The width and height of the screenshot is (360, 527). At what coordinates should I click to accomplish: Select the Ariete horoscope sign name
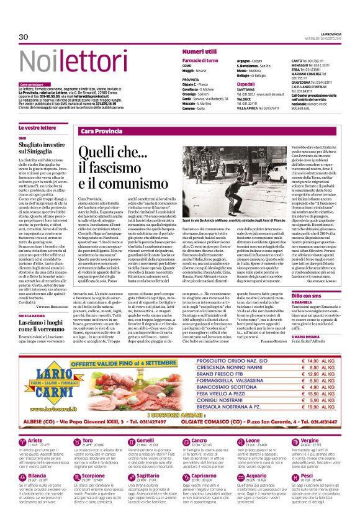(x=37, y=458)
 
